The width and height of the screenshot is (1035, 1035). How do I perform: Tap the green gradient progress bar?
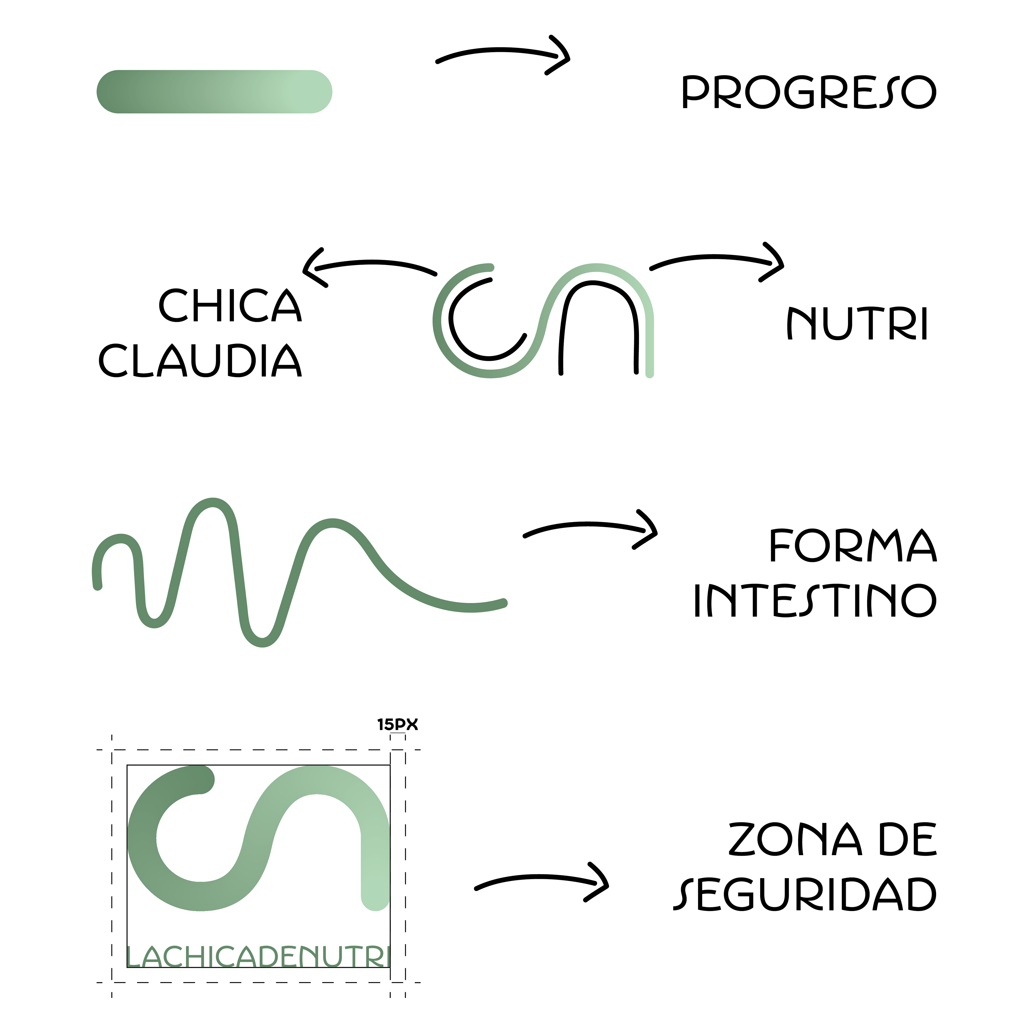coord(214,92)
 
